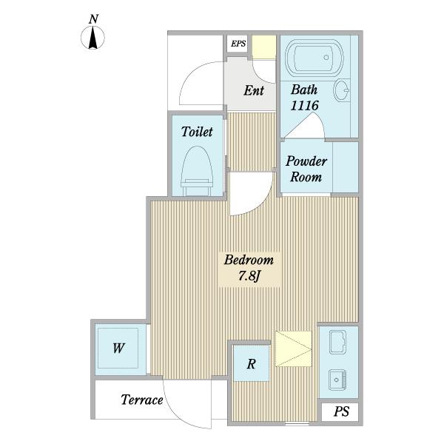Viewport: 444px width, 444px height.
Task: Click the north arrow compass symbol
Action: pos(93,38)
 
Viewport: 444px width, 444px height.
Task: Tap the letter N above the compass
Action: pos(93,19)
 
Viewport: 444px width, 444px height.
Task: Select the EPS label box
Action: pos(238,44)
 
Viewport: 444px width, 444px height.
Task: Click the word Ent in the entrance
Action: pos(254,90)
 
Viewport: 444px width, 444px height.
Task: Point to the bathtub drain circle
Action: pos(326,57)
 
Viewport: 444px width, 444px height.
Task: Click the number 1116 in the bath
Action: pos(305,106)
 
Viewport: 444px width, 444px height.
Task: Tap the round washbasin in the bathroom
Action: pos(341,90)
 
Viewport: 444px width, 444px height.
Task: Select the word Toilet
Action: pos(197,132)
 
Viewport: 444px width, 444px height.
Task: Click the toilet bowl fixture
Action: pos(197,171)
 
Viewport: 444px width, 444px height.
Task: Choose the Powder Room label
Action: pos(306,169)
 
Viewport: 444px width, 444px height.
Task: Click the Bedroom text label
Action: pos(249,260)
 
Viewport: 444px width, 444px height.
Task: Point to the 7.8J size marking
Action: pos(249,276)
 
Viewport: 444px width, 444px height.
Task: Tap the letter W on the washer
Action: pos(118,348)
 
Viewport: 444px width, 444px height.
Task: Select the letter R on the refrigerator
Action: pos(251,364)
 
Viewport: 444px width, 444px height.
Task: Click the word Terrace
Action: pos(142,400)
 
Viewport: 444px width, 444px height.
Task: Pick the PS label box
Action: pos(340,411)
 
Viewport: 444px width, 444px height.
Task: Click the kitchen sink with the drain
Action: pos(337,380)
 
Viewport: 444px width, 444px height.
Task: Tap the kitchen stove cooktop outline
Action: pos(338,342)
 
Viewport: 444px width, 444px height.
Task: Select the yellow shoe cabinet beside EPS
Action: pos(264,47)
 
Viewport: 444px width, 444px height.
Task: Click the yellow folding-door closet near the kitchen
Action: pos(293,349)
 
